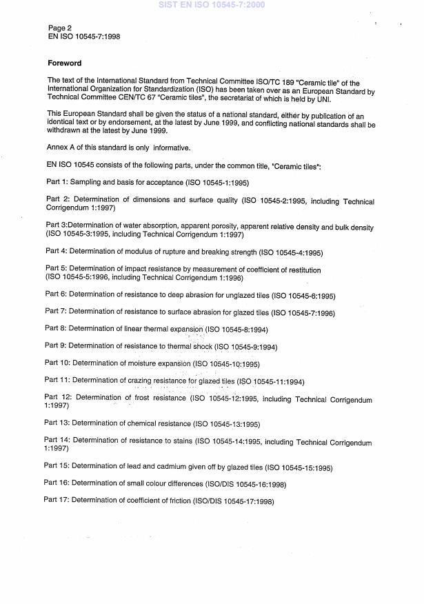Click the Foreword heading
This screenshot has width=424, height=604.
coord(64,63)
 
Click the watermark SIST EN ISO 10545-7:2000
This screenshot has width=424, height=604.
coord(212,5)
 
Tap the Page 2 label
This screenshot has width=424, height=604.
coord(59,28)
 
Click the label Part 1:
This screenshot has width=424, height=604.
coord(56,182)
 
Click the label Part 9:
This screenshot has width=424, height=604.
coord(55,346)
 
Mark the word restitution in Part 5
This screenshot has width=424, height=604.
coord(299,270)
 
